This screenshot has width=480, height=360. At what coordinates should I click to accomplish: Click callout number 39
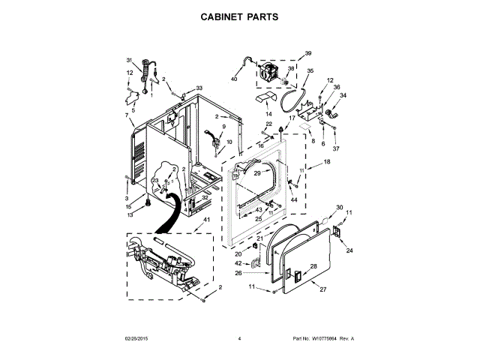point(307,54)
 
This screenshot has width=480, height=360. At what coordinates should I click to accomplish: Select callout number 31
point(128,60)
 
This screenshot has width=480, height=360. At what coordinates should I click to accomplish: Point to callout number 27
point(323,289)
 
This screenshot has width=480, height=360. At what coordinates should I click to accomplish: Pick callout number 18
point(327,162)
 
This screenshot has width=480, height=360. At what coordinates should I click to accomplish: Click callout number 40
point(233,79)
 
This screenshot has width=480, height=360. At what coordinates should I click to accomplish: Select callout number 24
point(349,250)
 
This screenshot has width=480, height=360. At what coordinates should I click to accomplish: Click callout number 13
point(129,215)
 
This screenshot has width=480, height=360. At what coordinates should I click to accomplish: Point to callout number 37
point(336,148)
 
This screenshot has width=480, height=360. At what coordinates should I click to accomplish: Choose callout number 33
point(199,88)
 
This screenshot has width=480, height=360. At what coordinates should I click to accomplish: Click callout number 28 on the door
point(314,266)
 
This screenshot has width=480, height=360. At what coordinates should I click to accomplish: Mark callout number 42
point(238,263)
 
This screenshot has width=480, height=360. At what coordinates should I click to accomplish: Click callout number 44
point(294,200)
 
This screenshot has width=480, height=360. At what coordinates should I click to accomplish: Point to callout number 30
point(339,207)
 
